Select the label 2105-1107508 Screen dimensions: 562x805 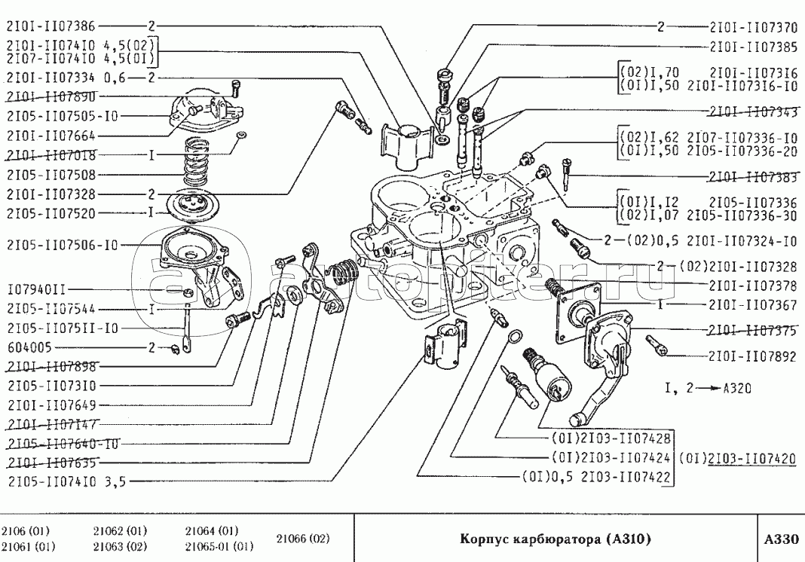click(x=52, y=174)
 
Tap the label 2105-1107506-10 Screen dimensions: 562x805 click(x=62, y=245)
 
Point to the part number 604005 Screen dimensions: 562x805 click(x=31, y=347)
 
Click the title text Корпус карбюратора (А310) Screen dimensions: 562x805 click(x=555, y=539)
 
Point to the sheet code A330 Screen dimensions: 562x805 click(x=779, y=539)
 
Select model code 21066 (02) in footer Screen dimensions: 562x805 click(x=302, y=539)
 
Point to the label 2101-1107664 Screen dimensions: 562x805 click(x=52, y=136)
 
